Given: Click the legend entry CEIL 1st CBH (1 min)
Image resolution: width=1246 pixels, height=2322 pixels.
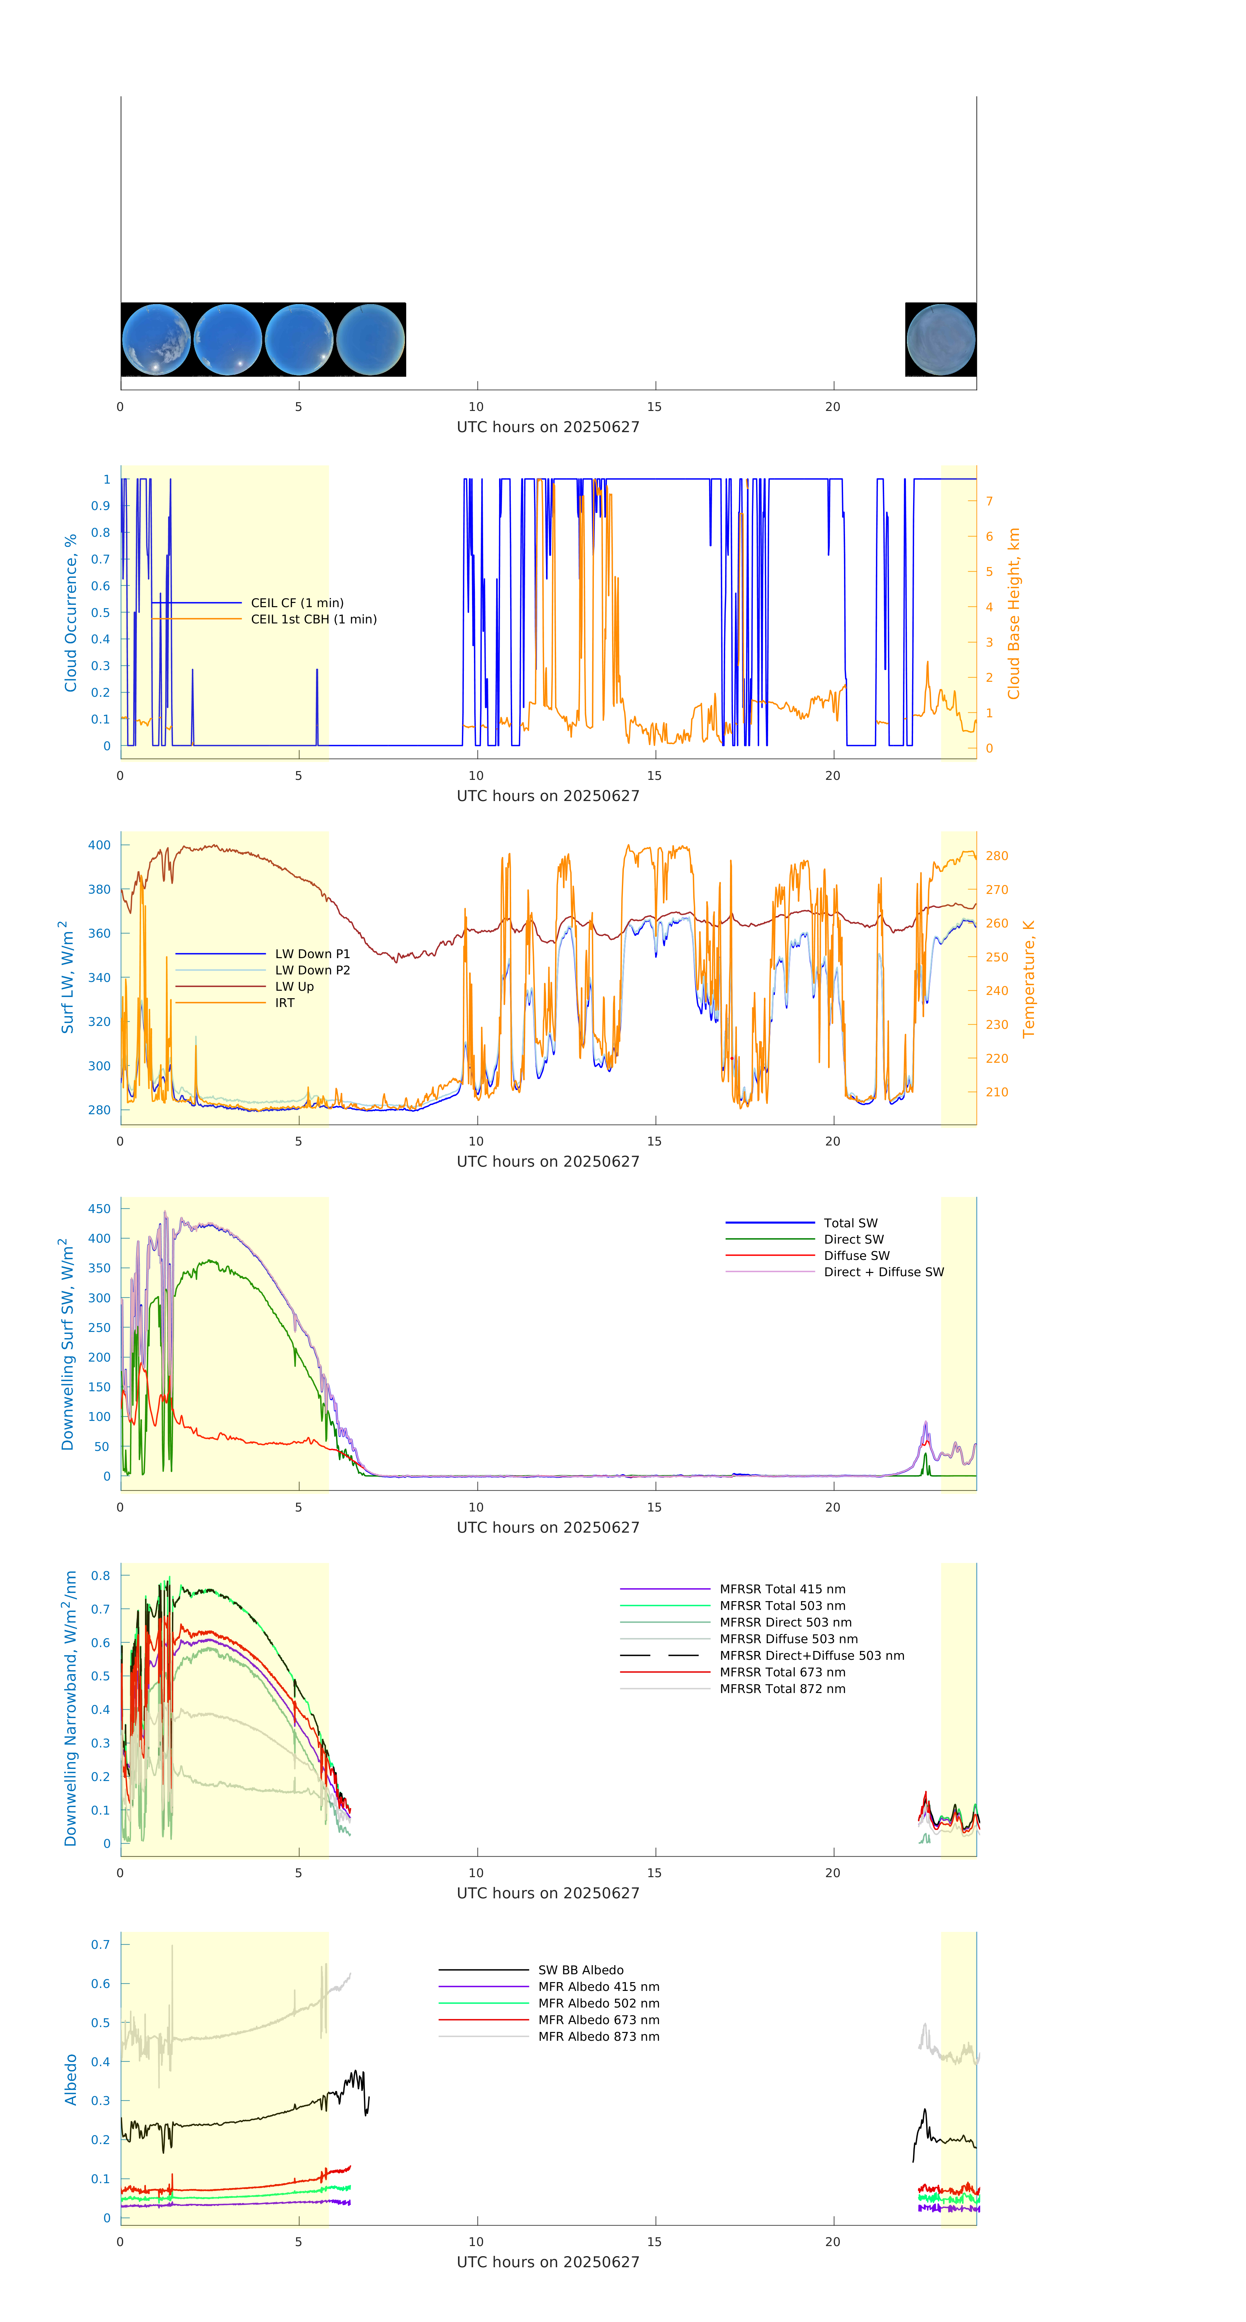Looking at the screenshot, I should tap(313, 619).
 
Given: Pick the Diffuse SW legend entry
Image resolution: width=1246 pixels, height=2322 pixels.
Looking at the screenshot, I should tap(856, 1256).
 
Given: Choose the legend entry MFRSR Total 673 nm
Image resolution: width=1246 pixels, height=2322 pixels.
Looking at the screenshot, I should tap(782, 1672).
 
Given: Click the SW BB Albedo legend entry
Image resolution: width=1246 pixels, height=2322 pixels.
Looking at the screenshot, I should tap(580, 1970).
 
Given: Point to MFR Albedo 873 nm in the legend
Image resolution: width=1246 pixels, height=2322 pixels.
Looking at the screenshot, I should tap(598, 2036).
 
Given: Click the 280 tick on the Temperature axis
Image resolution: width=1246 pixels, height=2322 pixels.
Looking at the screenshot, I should tap(996, 855).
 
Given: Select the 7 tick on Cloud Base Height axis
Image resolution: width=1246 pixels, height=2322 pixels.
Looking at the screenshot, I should tap(989, 501).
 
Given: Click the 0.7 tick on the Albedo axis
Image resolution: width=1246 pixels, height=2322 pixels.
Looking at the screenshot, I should tap(100, 1944).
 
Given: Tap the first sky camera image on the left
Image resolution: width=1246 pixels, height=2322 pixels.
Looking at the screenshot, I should tap(156, 340).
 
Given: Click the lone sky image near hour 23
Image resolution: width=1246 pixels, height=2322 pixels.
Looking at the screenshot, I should tap(940, 340).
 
